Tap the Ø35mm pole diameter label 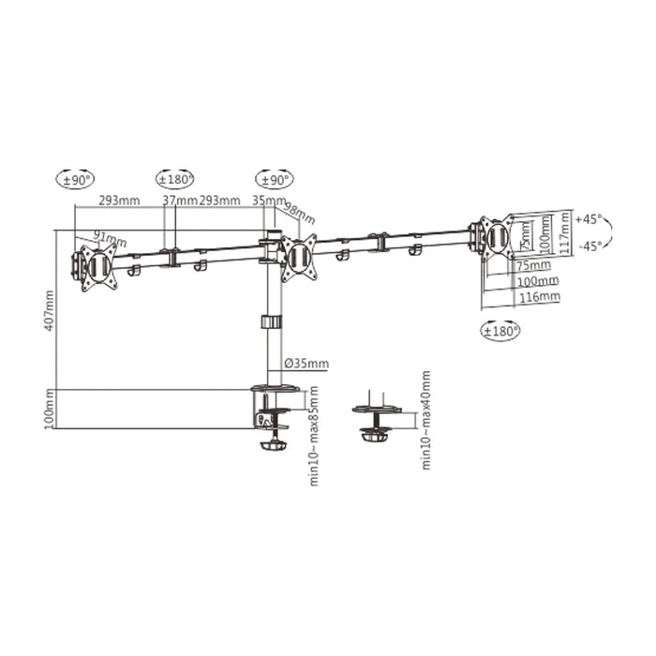point(306,364)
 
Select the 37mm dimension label point(180,201)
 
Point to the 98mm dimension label point(301,212)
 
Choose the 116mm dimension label point(538,296)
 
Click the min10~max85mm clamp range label point(314,435)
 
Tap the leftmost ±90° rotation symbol point(76,178)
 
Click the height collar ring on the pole point(270,322)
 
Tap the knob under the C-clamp point(275,443)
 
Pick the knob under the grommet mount point(375,436)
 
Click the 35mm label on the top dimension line point(268,201)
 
